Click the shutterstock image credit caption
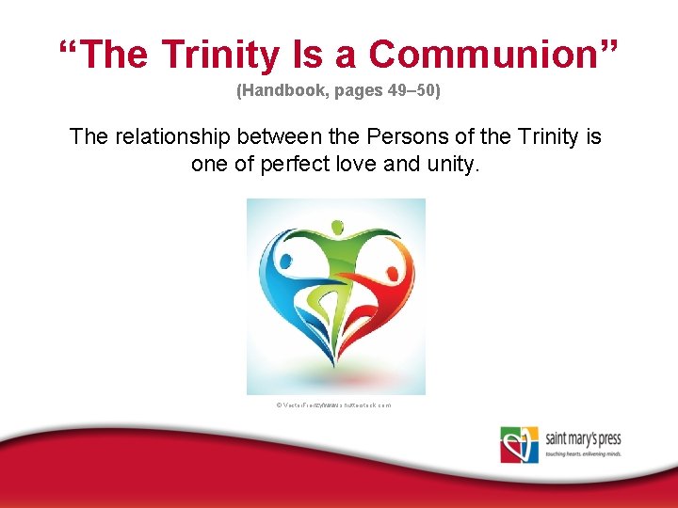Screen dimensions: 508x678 [334, 405]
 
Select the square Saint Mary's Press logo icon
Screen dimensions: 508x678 [519, 444]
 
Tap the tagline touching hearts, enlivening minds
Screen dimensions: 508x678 [581, 453]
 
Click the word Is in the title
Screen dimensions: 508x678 [309, 55]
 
